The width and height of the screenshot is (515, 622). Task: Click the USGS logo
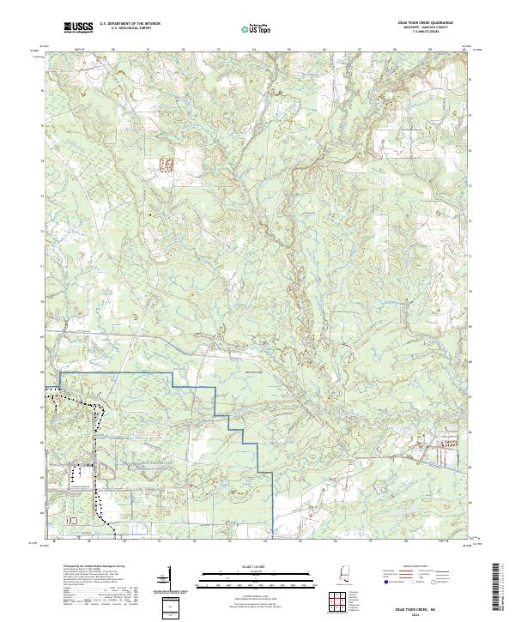tap(77, 29)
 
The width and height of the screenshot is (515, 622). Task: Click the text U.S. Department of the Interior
tap(129, 26)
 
